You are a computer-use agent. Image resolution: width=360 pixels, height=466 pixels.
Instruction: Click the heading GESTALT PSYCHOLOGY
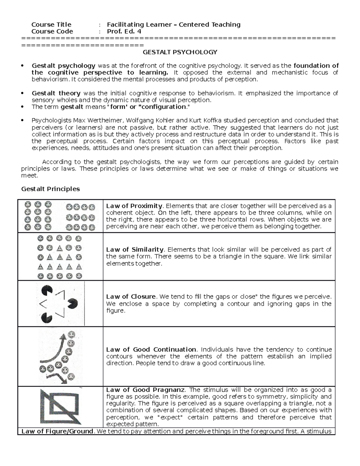(x=180, y=52)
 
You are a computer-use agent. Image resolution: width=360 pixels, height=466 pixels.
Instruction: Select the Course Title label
(x=51, y=25)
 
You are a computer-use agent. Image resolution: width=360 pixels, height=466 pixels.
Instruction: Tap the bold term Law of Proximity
(x=134, y=206)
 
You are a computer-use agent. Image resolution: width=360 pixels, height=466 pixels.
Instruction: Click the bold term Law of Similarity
(x=135, y=250)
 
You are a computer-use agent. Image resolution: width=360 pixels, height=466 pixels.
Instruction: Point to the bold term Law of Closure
(x=131, y=297)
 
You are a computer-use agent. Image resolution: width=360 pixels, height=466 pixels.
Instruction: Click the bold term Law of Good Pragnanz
(x=146, y=390)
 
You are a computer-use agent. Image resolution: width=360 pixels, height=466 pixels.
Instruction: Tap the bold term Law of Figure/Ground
(x=57, y=431)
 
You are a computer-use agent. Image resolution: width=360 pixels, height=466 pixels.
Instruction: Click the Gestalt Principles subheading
(x=50, y=189)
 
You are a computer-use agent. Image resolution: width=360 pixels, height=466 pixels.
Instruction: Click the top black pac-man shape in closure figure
(x=47, y=290)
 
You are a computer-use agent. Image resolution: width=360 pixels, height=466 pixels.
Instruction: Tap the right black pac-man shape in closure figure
(x=73, y=304)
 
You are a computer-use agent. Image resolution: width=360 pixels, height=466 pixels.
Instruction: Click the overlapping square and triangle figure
(x=60, y=406)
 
